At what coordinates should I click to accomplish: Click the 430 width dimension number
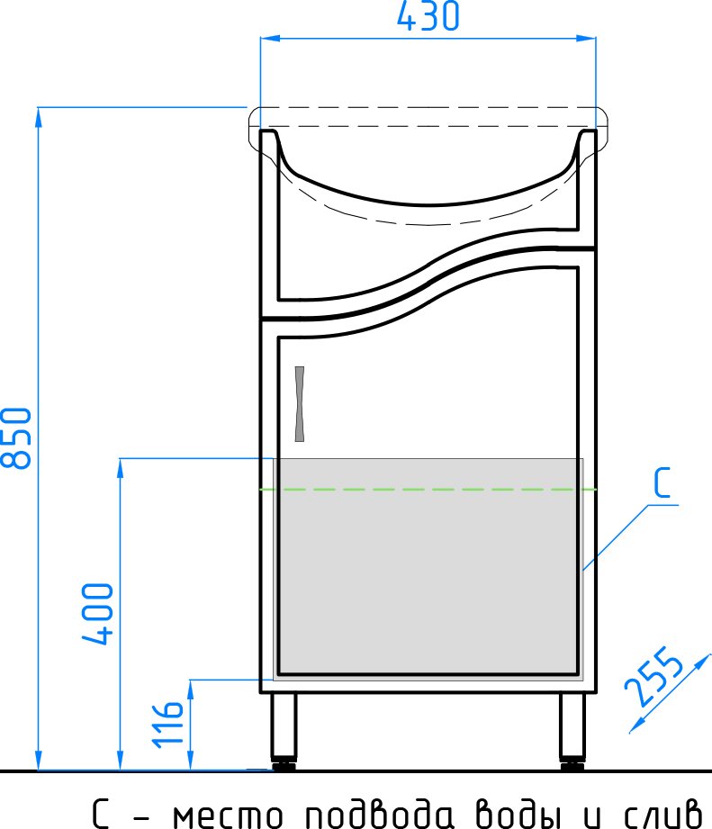tap(428, 16)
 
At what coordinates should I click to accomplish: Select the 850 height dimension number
tap(16, 438)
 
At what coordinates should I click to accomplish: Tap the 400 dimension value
tap(98, 614)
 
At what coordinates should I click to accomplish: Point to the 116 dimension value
tap(168, 725)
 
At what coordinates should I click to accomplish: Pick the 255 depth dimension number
tap(653, 677)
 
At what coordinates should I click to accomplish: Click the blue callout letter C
tap(662, 482)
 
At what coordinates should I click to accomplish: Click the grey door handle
tap(300, 404)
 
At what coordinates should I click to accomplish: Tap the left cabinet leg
tap(284, 730)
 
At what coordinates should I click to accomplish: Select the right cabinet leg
tap(572, 730)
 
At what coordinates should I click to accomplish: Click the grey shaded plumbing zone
tap(428, 568)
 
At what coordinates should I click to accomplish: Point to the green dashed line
tap(428, 490)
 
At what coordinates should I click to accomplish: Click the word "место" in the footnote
tap(228, 815)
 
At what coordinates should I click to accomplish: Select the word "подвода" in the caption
tap(379, 812)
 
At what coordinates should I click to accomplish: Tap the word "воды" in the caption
tap(517, 813)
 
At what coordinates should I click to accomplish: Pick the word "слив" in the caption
tap(663, 813)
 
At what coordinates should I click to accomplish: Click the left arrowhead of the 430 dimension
tap(269, 38)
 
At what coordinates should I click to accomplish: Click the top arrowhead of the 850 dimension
tap(38, 117)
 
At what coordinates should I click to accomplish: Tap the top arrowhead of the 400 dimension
tap(120, 468)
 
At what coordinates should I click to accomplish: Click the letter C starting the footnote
tap(101, 813)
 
